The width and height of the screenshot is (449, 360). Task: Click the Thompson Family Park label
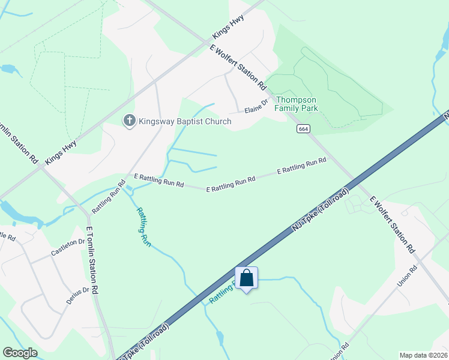click(x=296, y=104)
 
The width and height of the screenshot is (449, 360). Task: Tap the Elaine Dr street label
click(x=255, y=109)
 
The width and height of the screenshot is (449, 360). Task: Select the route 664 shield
click(x=302, y=128)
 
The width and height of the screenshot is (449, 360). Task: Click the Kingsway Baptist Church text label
click(x=185, y=121)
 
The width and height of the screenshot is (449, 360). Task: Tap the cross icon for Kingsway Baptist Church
click(x=128, y=121)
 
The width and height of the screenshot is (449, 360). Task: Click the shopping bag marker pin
click(x=246, y=278)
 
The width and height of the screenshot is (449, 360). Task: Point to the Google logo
click(x=20, y=353)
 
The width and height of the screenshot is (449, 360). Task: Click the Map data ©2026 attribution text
click(x=423, y=355)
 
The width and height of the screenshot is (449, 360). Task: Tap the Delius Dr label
click(x=77, y=293)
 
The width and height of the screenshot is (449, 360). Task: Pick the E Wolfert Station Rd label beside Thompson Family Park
click(x=238, y=67)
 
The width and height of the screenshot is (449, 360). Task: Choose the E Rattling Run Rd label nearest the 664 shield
click(x=301, y=166)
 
